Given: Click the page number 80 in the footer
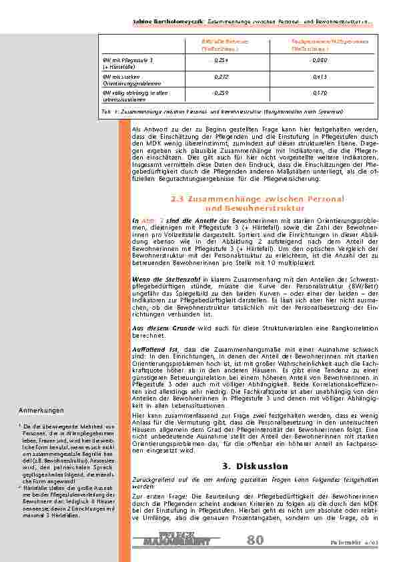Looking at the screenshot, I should tap(255, 540).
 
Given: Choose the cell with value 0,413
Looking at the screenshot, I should tap(318, 77).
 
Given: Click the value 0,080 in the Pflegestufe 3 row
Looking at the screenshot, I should tap(318, 60).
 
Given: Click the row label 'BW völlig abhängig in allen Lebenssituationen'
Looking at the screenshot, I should tap(127, 95).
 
